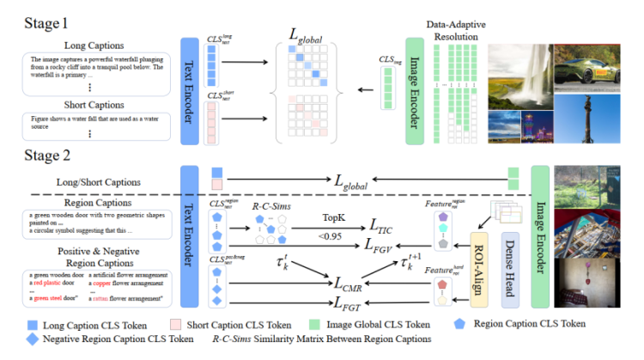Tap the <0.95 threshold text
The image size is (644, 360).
(331, 235)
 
